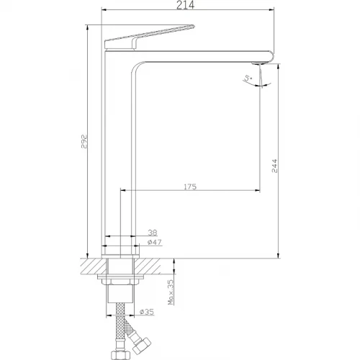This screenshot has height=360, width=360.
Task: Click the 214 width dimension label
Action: tap(185, 5)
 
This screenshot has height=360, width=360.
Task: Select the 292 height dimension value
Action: tap(84, 142)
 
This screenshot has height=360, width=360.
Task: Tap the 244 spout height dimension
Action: tap(274, 166)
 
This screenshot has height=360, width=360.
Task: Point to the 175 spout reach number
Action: tap(190, 186)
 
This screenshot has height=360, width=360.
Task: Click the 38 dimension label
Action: tap(153, 233)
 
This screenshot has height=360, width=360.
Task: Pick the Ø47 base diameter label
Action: tap(155, 242)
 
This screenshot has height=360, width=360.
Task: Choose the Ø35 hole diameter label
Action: tap(147, 312)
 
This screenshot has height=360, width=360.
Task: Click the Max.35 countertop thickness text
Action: tap(171, 292)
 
